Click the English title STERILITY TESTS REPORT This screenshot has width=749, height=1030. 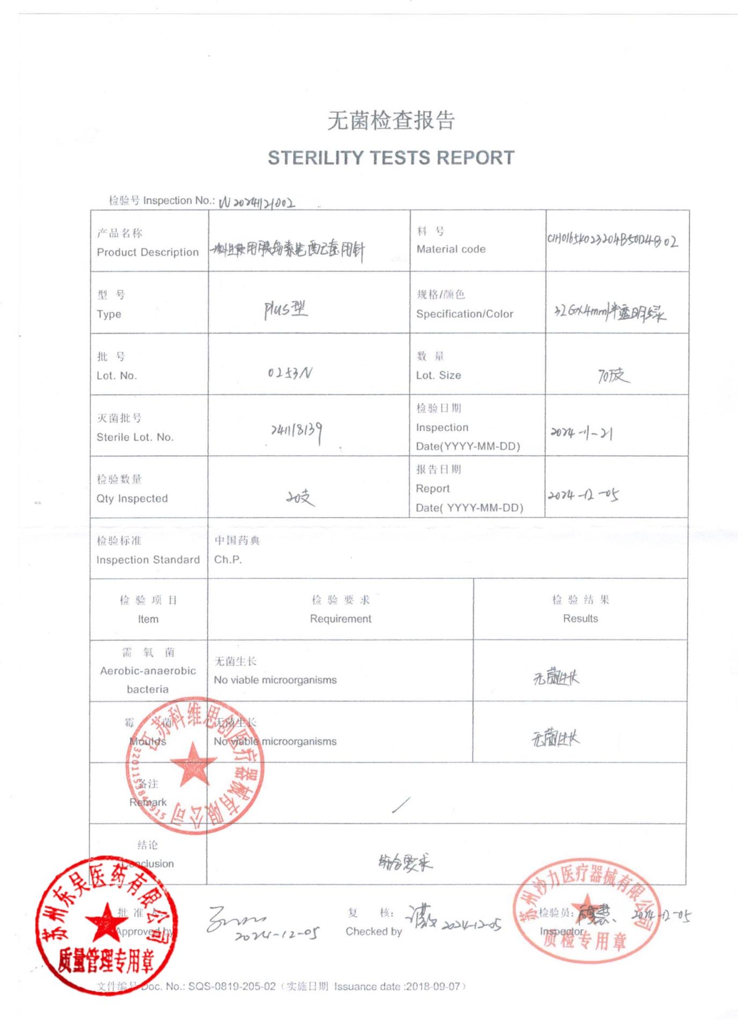(x=391, y=158)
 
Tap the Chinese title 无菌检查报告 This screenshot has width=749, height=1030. (x=391, y=120)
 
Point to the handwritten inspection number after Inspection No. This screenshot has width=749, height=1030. (x=257, y=203)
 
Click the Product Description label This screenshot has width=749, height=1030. (x=148, y=252)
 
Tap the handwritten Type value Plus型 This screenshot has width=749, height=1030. (x=285, y=310)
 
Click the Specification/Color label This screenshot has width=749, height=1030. (x=465, y=314)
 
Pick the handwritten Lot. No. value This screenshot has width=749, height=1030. (x=290, y=372)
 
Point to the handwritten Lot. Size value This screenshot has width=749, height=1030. (x=614, y=376)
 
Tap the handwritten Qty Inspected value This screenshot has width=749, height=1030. (x=300, y=498)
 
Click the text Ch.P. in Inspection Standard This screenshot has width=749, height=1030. (x=228, y=560)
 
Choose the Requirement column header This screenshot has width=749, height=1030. (x=341, y=619)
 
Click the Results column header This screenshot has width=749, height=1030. (x=581, y=619)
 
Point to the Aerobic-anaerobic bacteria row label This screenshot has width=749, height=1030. (x=148, y=671)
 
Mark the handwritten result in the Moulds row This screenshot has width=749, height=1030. (x=555, y=739)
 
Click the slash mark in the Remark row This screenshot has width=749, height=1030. (x=401, y=805)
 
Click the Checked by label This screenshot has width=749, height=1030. (x=373, y=932)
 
